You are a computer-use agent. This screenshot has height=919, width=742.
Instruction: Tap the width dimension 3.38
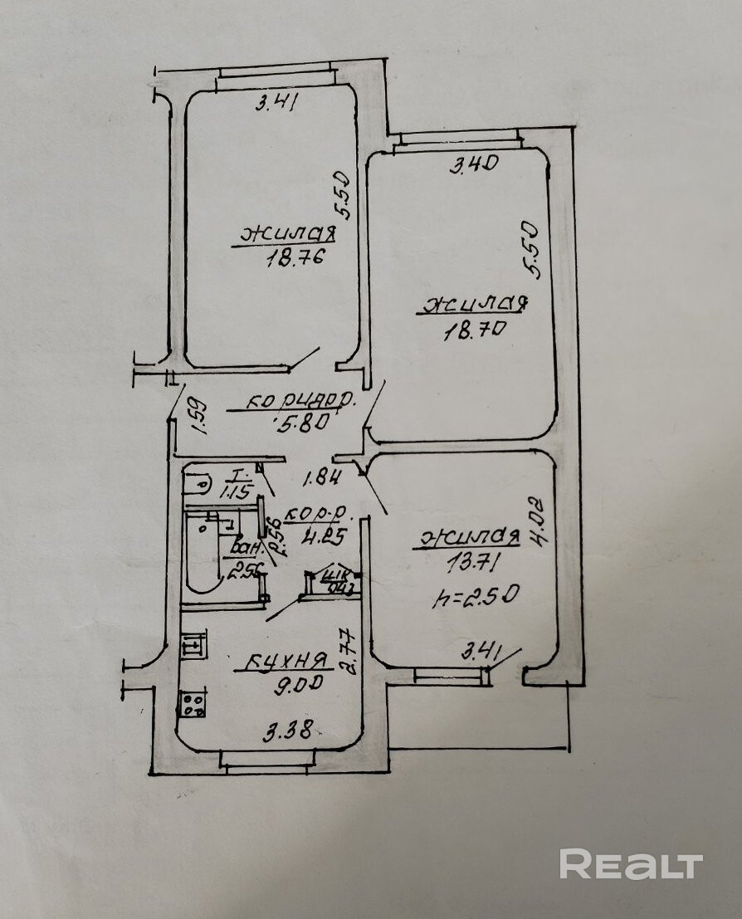click(287, 732)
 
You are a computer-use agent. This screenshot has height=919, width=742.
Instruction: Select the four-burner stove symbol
click(193, 705)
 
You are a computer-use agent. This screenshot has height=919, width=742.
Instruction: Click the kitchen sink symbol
click(193, 643)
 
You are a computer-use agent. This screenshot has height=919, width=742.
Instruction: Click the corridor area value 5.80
click(300, 421)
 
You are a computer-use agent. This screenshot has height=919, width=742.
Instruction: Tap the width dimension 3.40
click(473, 165)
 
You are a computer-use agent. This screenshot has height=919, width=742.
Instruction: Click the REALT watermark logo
click(631, 864)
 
